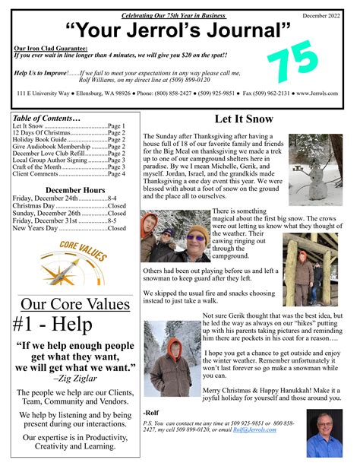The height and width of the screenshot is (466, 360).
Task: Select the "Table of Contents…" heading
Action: point(46,119)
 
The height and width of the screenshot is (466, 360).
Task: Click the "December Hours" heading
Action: point(75,189)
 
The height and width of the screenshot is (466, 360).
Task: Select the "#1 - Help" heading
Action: point(53,324)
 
